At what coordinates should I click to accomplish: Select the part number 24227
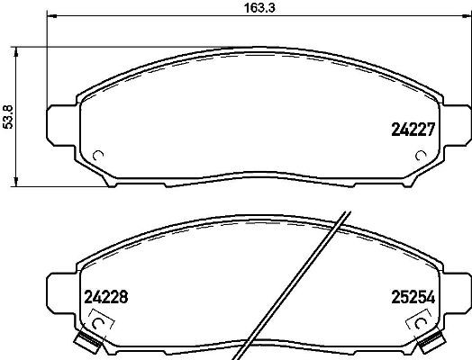click(x=413, y=129)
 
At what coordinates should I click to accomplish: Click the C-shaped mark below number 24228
click(x=99, y=319)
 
